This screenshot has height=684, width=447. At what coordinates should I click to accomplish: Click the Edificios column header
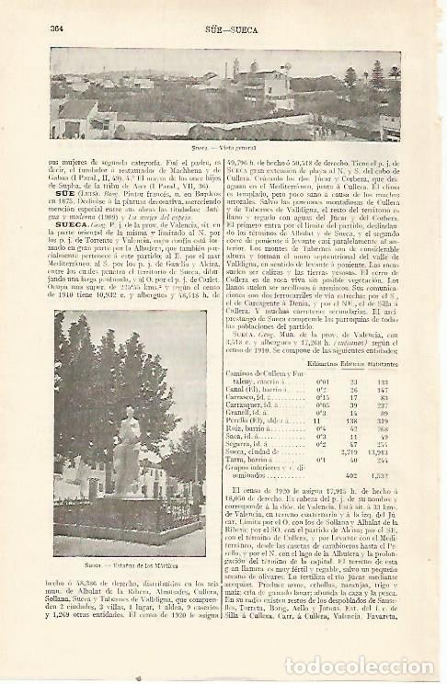(x=357, y=364)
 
